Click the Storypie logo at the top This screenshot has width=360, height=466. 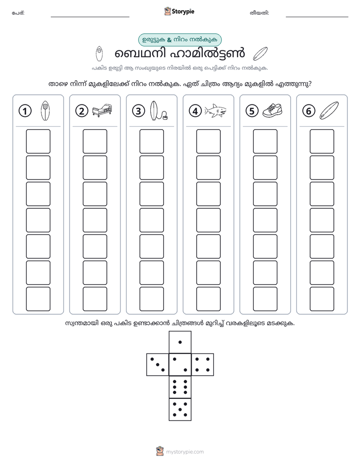(x=179, y=11)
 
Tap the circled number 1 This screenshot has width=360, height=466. (x=25, y=111)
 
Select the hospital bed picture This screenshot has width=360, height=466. (x=102, y=110)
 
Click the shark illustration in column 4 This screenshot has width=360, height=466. (x=215, y=110)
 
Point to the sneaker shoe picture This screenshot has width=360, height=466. (x=272, y=110)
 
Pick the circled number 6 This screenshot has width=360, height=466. (x=309, y=111)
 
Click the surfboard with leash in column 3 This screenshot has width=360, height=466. (x=158, y=110)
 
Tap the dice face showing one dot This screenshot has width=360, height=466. (x=180, y=342)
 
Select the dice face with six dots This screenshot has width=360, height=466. (x=180, y=387)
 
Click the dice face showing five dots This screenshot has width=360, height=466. (x=180, y=410)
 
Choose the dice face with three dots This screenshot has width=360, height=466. (x=157, y=365)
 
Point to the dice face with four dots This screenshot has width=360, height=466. (x=203, y=365)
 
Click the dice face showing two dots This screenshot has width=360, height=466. (x=180, y=365)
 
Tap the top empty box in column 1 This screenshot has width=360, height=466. (x=38, y=141)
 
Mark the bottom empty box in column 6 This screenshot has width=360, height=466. (x=322, y=299)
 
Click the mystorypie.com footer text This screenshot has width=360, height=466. (x=185, y=452)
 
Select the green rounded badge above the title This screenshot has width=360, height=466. (x=179, y=40)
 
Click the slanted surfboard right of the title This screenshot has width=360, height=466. (x=260, y=54)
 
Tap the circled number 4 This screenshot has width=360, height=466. (x=195, y=111)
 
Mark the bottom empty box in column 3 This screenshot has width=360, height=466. (x=151, y=299)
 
